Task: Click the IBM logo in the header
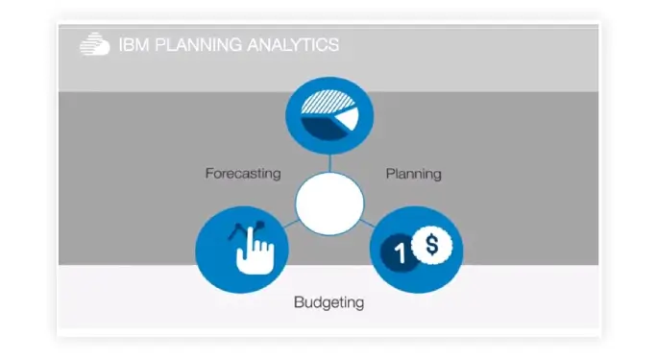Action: click(94, 44)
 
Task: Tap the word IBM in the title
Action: click(129, 45)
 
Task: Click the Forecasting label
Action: click(243, 174)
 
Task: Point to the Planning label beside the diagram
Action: click(413, 174)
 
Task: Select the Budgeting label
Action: click(328, 302)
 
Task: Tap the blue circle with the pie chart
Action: click(328, 115)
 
